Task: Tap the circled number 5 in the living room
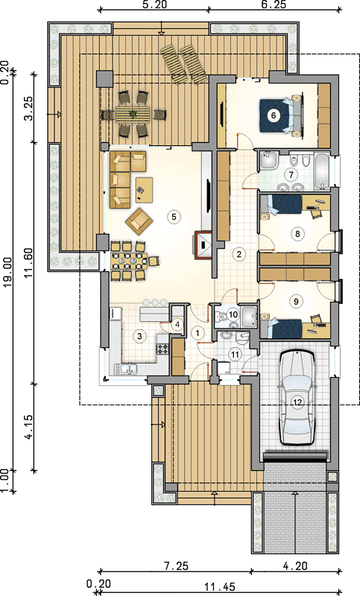[174, 217]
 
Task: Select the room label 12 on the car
[297, 403]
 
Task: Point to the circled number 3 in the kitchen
[139, 336]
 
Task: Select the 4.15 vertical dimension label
[29, 427]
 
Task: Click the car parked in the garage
[297, 397]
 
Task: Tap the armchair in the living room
[139, 221]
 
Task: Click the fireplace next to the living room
[203, 245]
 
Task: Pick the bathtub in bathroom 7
[323, 171]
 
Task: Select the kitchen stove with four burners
[162, 349]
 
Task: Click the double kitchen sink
[126, 368]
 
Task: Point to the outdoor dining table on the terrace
[133, 114]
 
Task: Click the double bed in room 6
[281, 115]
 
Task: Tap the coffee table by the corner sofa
[144, 189]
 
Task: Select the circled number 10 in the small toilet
[233, 314]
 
